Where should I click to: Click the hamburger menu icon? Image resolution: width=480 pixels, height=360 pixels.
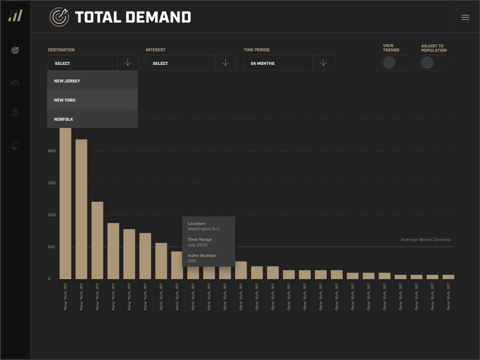click(x=465, y=17)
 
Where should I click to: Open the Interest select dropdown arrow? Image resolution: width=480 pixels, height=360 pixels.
click(x=225, y=63)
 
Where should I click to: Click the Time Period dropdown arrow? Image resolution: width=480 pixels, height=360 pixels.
click(x=323, y=63)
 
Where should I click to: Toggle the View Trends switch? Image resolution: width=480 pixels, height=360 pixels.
click(x=396, y=63)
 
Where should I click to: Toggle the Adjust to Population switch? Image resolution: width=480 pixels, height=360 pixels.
click(x=435, y=63)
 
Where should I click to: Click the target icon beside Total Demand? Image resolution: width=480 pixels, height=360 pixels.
click(x=59, y=17)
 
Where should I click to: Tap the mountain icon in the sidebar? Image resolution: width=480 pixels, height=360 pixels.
click(x=15, y=81)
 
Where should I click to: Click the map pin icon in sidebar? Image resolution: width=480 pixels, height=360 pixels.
click(x=15, y=112)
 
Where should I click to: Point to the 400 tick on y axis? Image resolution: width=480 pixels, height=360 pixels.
click(x=52, y=151)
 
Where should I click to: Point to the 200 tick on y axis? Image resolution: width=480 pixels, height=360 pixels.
click(x=52, y=215)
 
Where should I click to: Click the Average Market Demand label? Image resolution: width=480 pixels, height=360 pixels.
click(x=425, y=240)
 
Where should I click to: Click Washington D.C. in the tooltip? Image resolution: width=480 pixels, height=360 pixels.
click(x=204, y=229)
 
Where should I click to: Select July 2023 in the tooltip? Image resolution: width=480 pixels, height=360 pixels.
click(x=197, y=245)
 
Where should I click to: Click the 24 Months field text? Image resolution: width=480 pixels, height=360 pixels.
click(x=262, y=64)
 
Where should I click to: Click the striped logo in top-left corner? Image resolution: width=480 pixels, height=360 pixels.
click(x=15, y=16)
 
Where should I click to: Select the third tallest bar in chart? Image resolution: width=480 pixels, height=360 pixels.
click(x=97, y=240)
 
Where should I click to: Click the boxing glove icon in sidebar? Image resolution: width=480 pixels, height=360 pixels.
click(x=15, y=145)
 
